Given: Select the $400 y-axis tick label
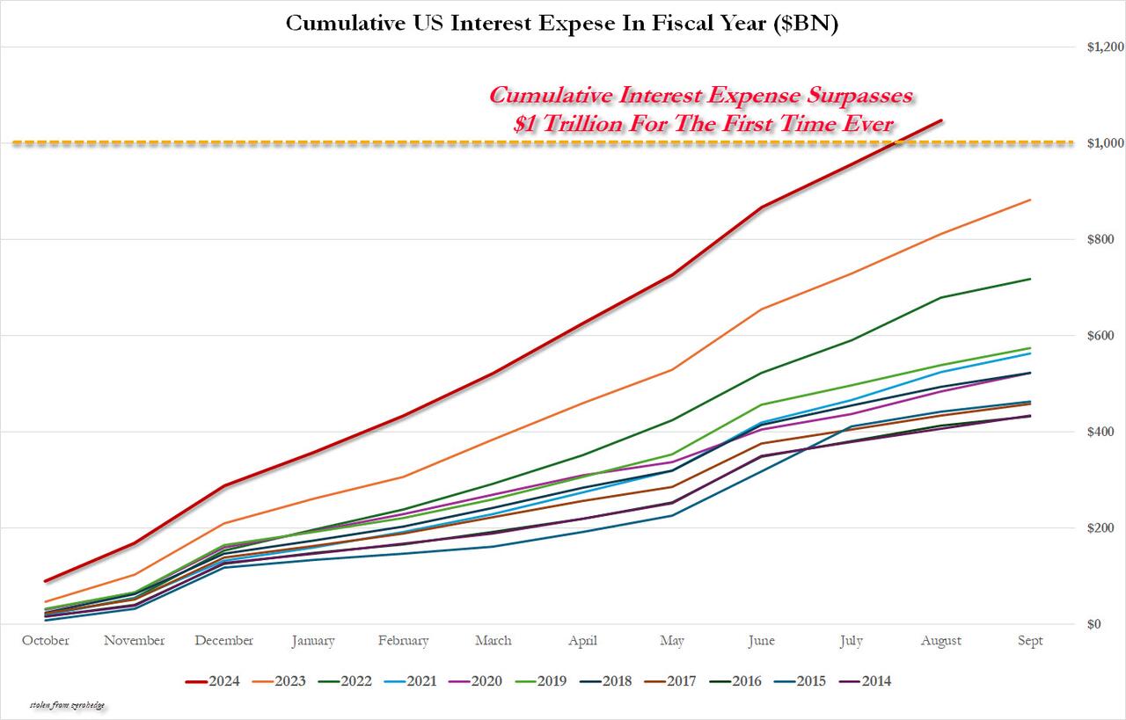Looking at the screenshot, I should [1100, 432].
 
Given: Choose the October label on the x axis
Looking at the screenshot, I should [46, 641].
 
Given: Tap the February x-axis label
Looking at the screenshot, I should [403, 641].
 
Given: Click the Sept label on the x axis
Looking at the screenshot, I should [1029, 641].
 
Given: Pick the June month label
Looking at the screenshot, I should [761, 641].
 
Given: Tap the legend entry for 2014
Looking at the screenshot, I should [874, 680].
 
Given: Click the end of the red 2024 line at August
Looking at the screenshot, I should [941, 120].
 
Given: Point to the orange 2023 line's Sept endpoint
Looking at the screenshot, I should [1030, 200].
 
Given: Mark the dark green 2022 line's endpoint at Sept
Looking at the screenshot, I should [1030, 280].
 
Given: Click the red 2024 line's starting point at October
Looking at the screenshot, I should [46, 581].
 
